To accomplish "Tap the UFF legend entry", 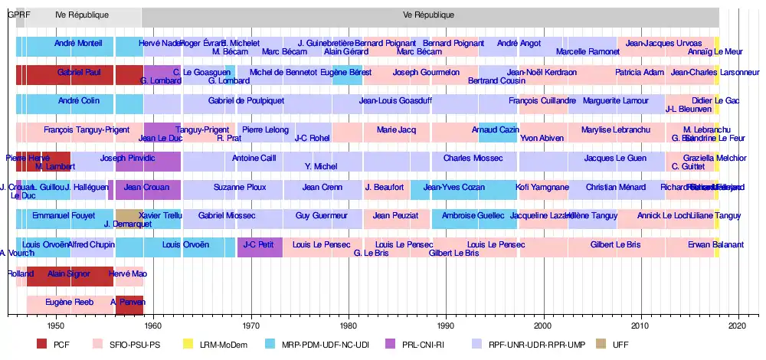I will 621,344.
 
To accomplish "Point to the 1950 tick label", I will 55,326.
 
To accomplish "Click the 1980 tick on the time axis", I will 349,326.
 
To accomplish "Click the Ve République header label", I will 429,15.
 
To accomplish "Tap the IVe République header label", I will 82,15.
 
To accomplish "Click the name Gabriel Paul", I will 79,72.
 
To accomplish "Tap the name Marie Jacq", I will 396,129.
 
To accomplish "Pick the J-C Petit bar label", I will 258,244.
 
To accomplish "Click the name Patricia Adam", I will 640,72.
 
